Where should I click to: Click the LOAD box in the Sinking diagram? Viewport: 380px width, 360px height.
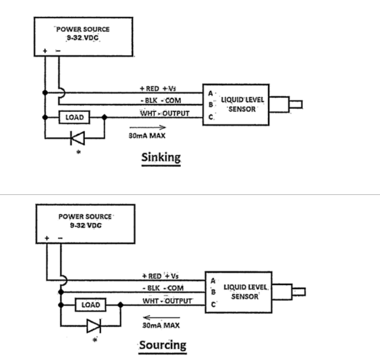[x=74, y=117]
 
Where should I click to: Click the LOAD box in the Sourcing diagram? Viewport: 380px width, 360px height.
[x=90, y=305]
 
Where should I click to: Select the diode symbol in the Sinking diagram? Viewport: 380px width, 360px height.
[x=74, y=138]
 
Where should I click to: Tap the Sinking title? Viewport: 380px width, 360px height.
[x=160, y=157]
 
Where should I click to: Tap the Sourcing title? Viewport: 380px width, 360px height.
[x=162, y=345]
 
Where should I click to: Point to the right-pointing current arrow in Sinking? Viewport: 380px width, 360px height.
[x=147, y=128]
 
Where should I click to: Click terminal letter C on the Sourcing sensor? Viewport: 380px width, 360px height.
[x=213, y=305]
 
